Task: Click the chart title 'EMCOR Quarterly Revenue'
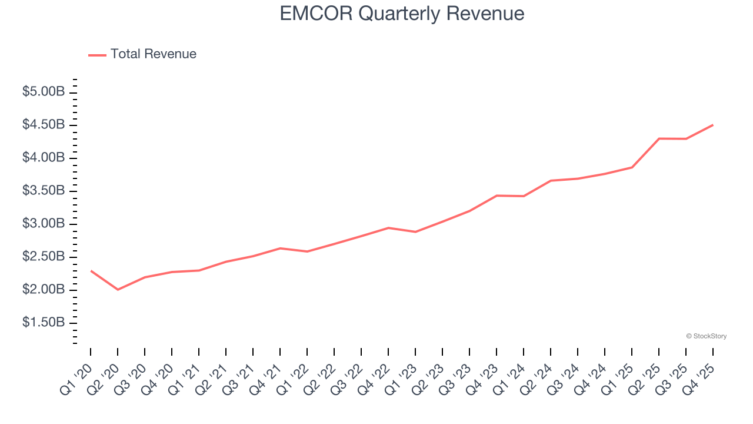coord(402,14)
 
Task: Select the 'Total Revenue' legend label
coord(153,54)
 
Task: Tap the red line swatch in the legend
coord(97,55)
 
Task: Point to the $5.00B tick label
coord(43,92)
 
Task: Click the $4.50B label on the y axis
coord(43,125)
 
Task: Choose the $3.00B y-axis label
coord(43,224)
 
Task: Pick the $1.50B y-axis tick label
coord(43,323)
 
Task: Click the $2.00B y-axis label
coord(43,290)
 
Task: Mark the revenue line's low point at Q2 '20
coord(118,290)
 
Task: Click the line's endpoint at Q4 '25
coord(713,125)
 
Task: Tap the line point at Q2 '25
coord(659,138)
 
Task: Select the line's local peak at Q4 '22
coord(388,227)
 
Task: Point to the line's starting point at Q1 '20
coord(91,270)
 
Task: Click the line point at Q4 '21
coord(280,248)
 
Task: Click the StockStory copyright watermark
coord(706,336)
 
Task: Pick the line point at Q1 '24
coord(524,196)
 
